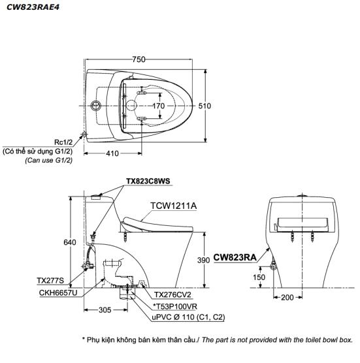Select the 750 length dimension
pos(139,59)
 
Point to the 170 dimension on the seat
pos(158,105)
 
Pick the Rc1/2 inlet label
pos(64,140)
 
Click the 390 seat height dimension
pos(203,260)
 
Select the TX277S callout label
pos(50,281)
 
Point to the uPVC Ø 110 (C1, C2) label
pos(188,317)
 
